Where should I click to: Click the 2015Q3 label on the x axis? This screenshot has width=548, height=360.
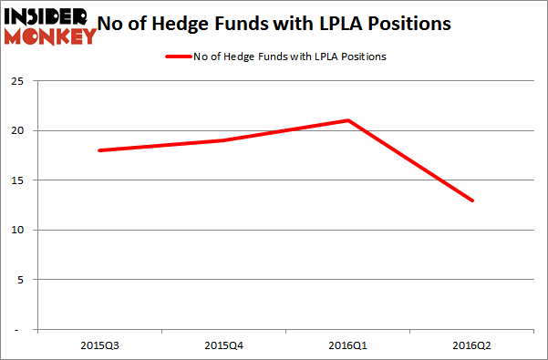[x=98, y=345]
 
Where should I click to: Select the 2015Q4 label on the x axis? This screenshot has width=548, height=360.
[x=222, y=345]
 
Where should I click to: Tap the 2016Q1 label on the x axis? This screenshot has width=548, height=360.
[x=347, y=345]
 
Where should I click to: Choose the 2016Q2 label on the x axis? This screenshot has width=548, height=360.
[x=472, y=345]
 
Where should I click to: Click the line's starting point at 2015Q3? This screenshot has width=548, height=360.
[x=98, y=150]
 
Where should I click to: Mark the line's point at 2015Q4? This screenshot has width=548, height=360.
[x=222, y=140]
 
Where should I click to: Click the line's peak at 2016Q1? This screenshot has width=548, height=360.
[x=347, y=120]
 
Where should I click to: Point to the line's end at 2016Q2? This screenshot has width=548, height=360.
[x=472, y=201]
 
